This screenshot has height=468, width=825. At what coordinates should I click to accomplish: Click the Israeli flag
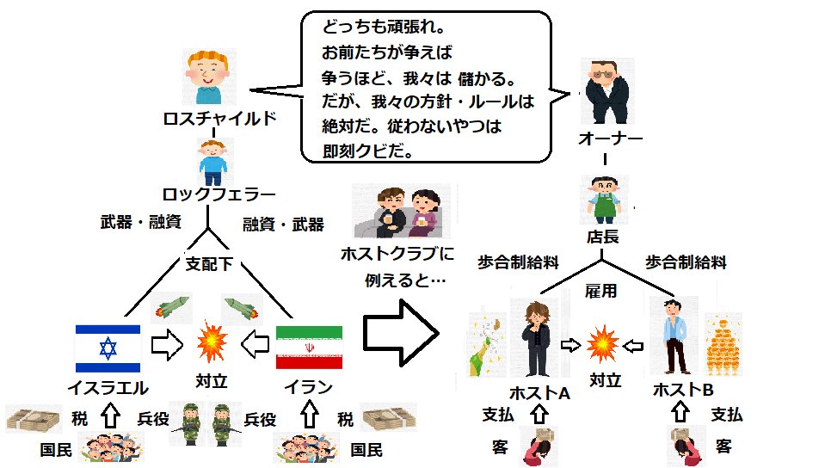click(108, 348)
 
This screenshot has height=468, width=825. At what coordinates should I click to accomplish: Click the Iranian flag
click(310, 348)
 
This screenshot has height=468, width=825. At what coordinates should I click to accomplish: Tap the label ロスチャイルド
click(219, 118)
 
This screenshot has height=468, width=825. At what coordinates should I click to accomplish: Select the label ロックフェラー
click(219, 194)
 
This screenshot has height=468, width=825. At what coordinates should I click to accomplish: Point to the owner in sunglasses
click(606, 91)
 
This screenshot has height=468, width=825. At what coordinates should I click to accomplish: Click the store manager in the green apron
click(604, 200)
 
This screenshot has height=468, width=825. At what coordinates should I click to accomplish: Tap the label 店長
click(603, 237)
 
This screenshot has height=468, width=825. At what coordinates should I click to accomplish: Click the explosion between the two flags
click(212, 342)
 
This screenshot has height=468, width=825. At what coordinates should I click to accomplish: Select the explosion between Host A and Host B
click(602, 344)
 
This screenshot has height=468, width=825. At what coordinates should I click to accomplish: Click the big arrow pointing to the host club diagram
click(401, 333)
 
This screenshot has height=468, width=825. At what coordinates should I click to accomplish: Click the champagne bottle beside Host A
click(487, 346)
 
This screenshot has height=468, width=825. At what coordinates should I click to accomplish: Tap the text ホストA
click(539, 392)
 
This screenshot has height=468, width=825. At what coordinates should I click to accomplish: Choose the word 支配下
click(209, 263)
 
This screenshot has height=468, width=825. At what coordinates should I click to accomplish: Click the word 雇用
click(600, 290)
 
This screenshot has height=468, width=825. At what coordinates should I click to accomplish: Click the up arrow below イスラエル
click(110, 416)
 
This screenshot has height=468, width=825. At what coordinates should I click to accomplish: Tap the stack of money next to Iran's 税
click(389, 418)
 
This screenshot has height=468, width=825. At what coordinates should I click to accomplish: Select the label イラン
click(309, 387)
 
